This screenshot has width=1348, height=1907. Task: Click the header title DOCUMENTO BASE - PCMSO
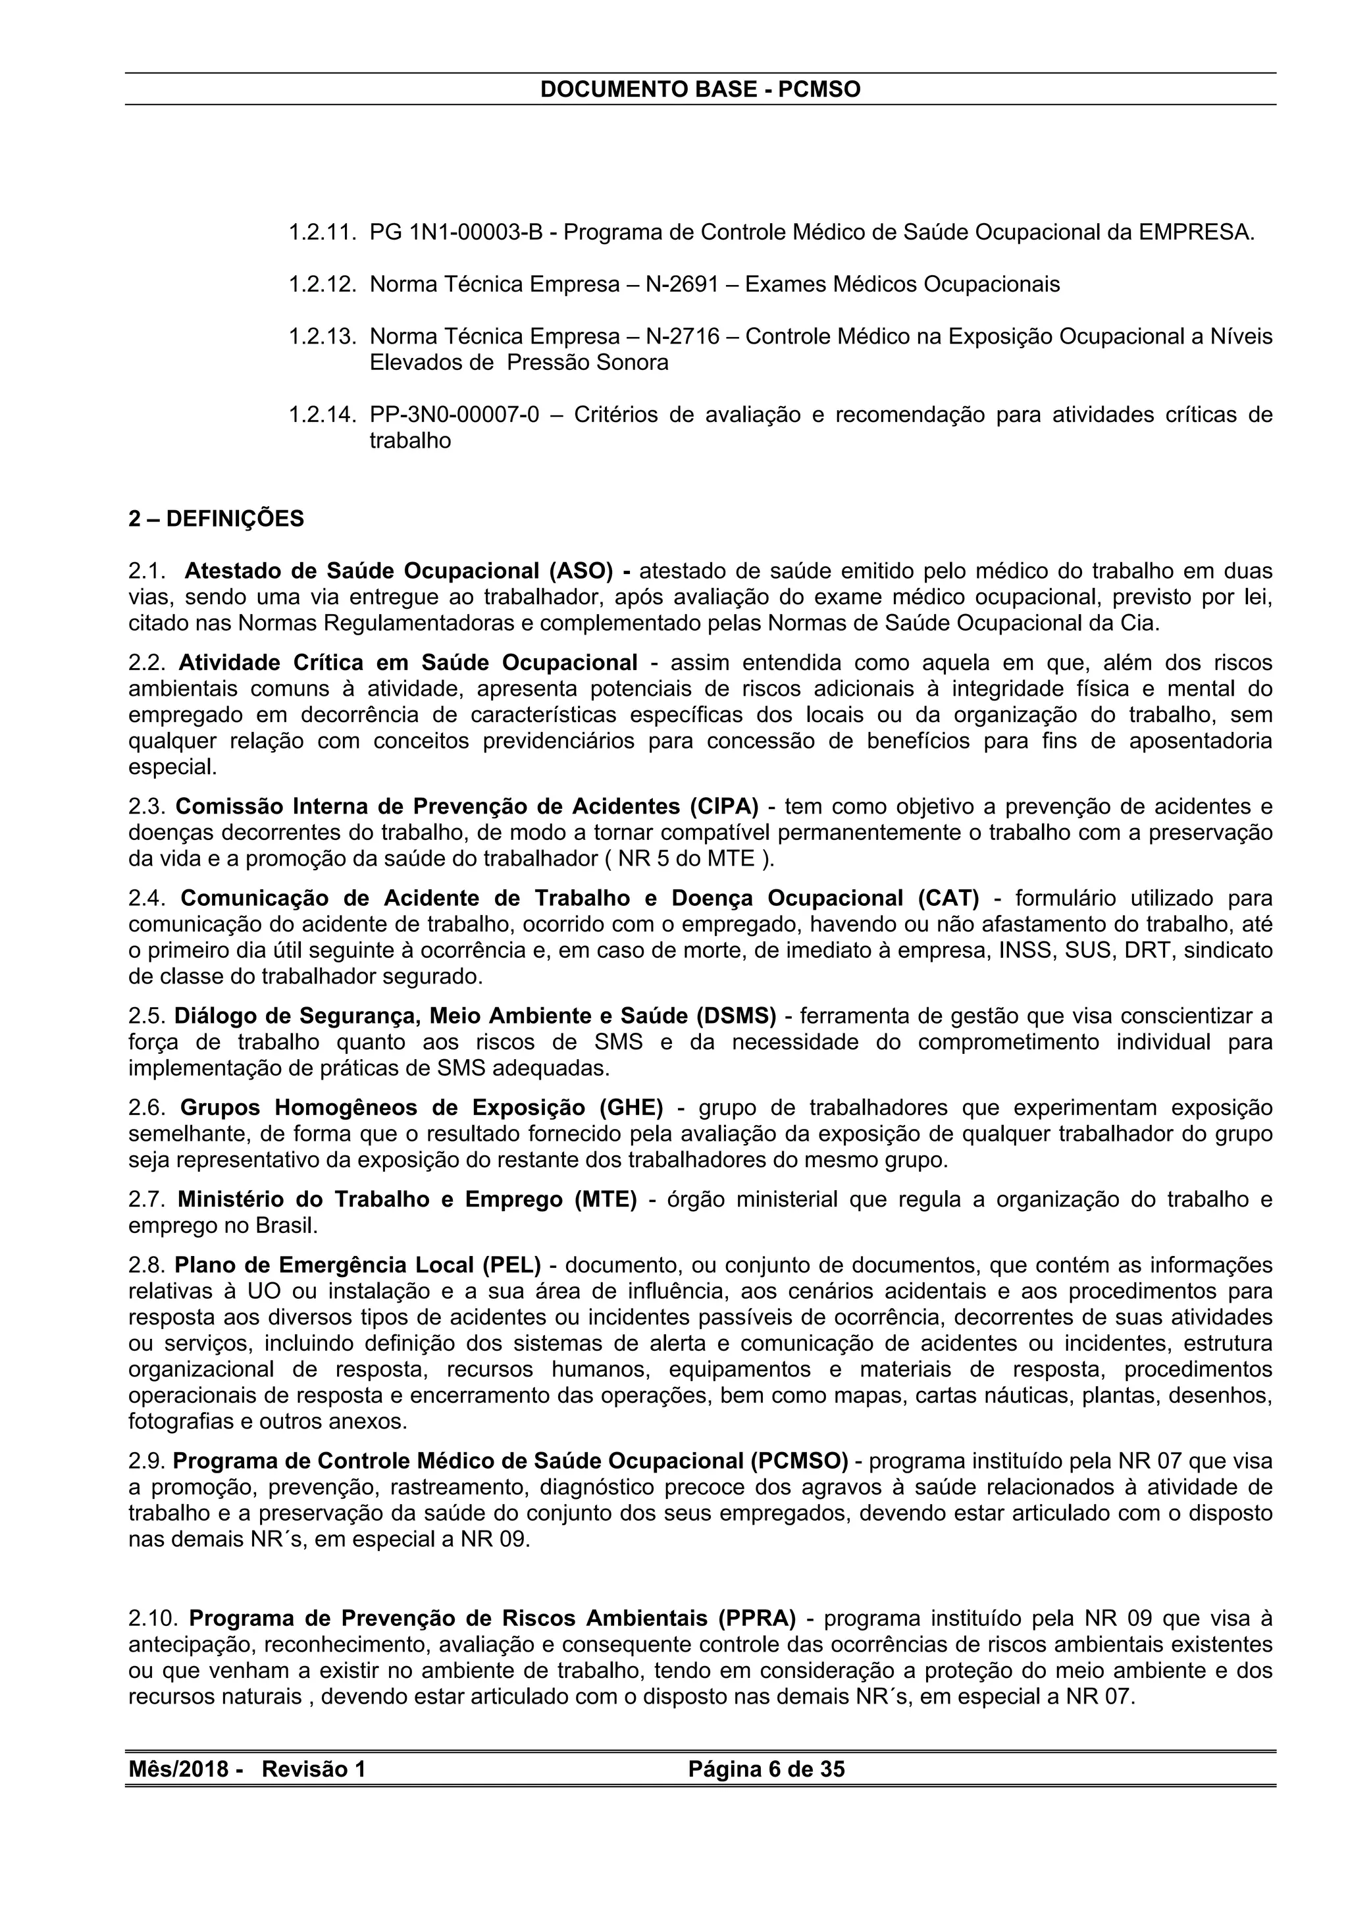700,89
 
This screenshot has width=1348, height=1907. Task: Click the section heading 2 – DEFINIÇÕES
216,519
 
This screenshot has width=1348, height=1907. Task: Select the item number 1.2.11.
323,232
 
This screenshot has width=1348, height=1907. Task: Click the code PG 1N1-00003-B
456,232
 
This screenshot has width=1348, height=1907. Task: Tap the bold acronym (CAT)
948,898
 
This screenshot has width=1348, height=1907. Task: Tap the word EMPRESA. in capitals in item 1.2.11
1197,232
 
